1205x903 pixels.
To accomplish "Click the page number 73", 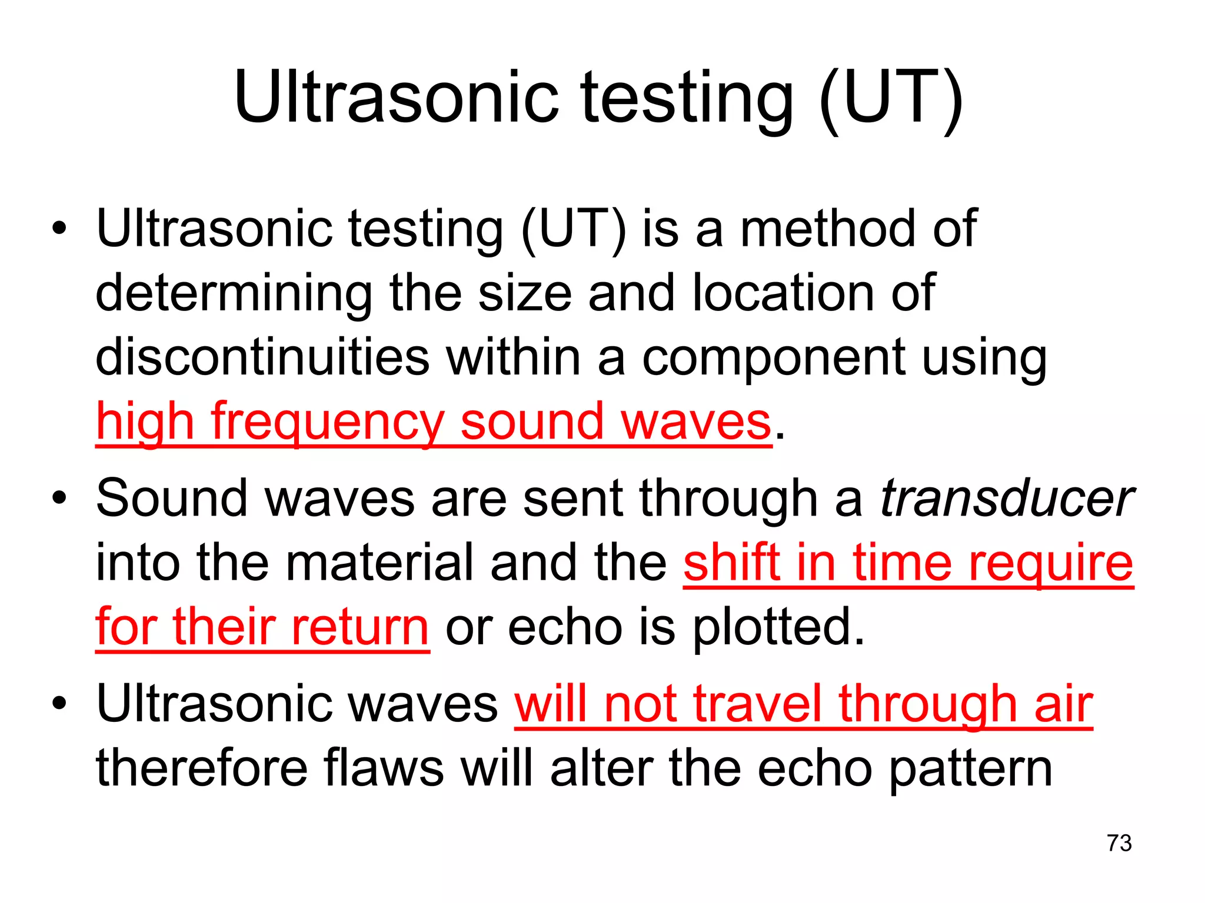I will coord(1119,843).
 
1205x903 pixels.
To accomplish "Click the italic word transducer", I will coord(1007,499).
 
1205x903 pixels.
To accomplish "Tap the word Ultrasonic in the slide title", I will coord(395,97).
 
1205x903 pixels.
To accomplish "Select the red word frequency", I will coord(327,422).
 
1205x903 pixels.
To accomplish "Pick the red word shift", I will coord(731,563).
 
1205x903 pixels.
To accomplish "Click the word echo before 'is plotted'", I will coord(565,627).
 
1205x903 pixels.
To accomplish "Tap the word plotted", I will coord(778,627).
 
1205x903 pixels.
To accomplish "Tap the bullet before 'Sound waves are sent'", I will coord(59,499).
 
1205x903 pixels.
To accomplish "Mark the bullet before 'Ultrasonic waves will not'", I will coord(59,704).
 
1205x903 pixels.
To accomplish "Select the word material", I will coord(380,563).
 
